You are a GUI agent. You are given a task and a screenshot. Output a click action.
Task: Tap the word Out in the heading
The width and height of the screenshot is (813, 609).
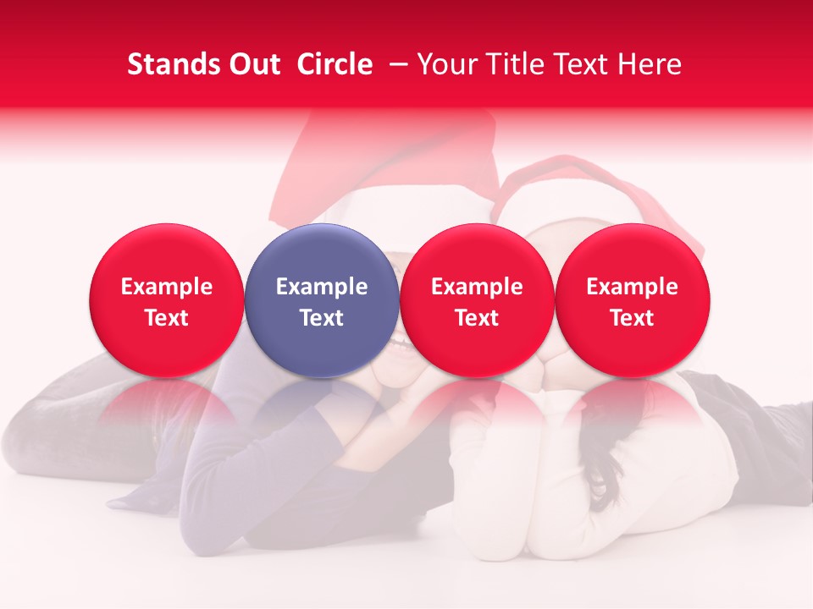tap(252, 64)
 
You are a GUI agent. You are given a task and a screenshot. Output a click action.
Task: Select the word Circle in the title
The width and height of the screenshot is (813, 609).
tap(335, 64)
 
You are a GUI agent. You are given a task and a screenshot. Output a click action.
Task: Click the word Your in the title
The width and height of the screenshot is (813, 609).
tap(448, 64)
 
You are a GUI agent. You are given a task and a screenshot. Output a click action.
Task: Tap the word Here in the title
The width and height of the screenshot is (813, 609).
tap(649, 64)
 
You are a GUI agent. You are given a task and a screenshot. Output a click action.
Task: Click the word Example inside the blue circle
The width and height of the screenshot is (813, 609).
tap(322, 287)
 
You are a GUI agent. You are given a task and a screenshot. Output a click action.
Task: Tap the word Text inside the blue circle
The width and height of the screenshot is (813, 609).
tap(322, 318)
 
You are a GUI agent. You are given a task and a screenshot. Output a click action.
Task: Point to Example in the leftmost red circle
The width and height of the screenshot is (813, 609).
tap(166, 287)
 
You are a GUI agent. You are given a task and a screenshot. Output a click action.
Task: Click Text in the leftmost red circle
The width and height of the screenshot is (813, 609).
tap(166, 318)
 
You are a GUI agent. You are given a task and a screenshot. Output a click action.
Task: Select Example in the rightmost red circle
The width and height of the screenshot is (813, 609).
tap(632, 287)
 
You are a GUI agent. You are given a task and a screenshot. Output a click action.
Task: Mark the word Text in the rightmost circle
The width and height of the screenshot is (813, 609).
tap(632, 318)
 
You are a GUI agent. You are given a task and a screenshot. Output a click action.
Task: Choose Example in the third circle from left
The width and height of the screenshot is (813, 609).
tap(477, 287)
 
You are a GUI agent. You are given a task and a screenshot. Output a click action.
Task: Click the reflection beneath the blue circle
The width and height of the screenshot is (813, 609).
tap(322, 404)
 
